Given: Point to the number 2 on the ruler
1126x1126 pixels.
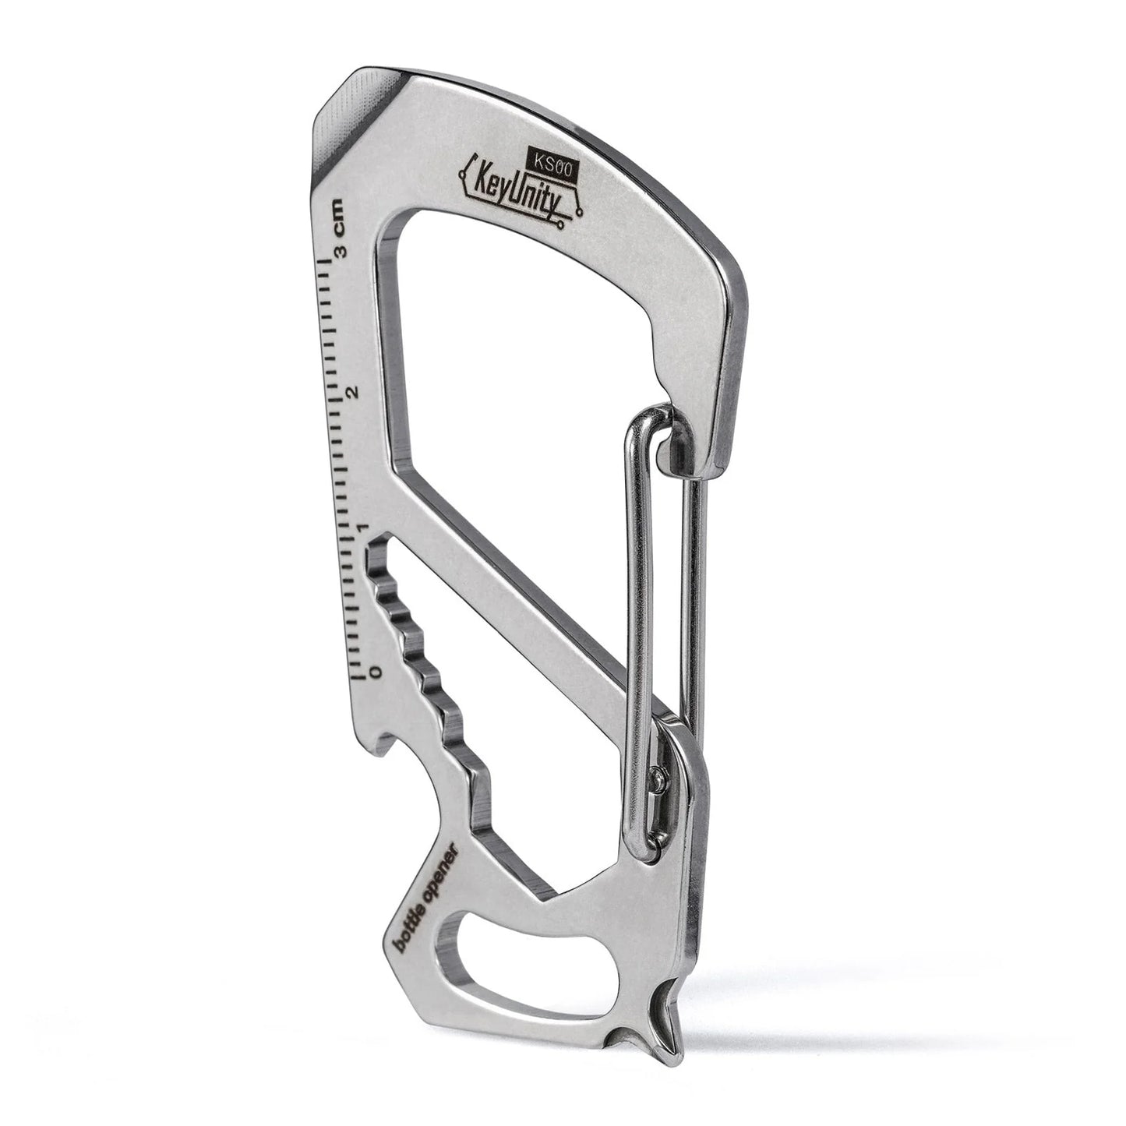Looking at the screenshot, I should (x=355, y=392).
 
